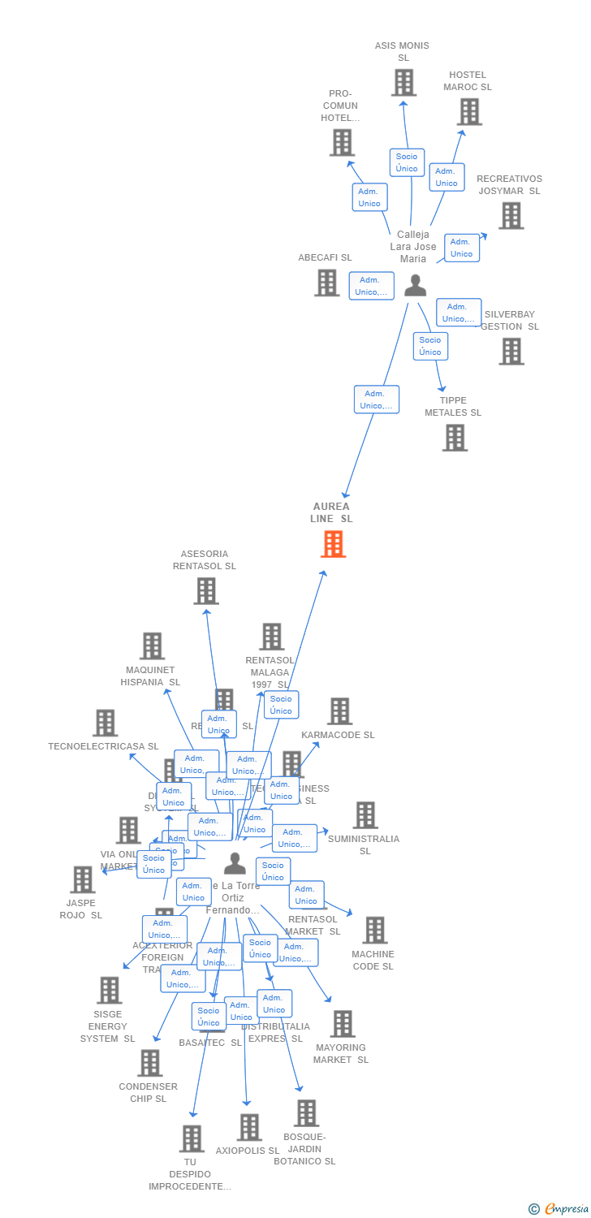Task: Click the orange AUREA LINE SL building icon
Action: [333, 544]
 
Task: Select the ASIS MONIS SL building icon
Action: [403, 82]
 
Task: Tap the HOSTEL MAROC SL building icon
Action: [469, 112]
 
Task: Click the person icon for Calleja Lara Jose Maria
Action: [415, 285]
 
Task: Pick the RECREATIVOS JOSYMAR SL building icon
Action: [511, 216]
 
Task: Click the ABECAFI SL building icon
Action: [326, 283]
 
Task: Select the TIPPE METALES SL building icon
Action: [455, 438]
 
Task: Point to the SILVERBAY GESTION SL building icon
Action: [511, 352]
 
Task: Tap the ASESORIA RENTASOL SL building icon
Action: [206, 591]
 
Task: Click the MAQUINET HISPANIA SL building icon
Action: [152, 646]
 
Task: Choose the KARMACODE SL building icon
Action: [339, 711]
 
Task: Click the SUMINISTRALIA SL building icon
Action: [365, 815]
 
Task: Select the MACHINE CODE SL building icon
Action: [374, 931]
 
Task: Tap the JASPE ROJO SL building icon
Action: [82, 879]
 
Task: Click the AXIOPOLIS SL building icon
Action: [249, 1127]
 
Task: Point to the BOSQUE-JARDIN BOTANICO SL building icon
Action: [306, 1113]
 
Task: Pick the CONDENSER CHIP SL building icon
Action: [149, 1063]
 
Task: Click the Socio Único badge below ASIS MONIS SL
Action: [407, 162]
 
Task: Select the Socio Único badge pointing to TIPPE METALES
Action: [430, 346]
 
